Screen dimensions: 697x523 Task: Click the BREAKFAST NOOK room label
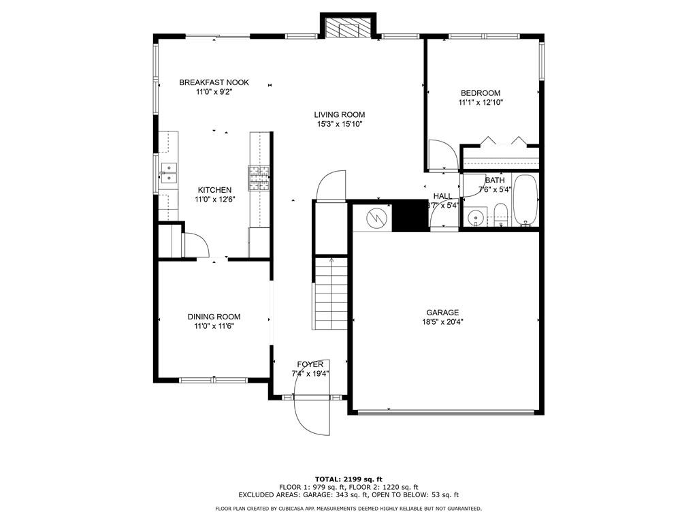214,82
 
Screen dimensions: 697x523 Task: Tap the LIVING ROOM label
340,114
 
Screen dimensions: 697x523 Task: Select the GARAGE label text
442,313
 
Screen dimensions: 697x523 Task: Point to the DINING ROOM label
214,317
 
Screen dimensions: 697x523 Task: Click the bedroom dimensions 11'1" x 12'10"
481,102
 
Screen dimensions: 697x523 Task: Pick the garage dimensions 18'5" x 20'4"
442,322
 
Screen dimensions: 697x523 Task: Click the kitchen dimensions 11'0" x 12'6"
214,200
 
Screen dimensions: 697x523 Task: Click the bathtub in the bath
526,201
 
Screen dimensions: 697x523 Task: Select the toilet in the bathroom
500,215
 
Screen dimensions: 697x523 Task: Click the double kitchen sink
169,172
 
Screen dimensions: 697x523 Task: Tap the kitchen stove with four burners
259,178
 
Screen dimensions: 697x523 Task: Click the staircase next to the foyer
331,293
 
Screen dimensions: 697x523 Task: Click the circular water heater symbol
376,218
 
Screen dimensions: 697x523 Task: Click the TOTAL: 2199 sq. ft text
348,479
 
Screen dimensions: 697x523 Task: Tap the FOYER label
310,365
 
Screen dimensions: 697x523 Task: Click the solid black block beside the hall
410,215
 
